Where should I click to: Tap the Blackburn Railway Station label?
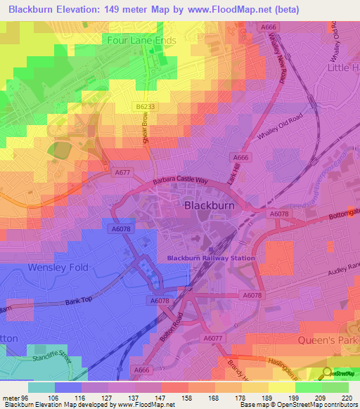pyautogui.click(x=210, y=258)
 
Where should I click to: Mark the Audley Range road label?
pyautogui.click(x=343, y=274)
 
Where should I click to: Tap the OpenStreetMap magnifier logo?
pyautogui.click(x=328, y=373)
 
